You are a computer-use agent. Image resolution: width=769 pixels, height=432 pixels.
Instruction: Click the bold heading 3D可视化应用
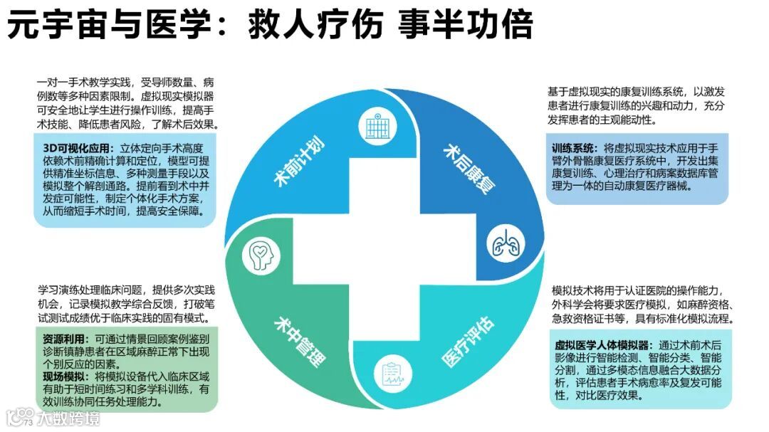78,148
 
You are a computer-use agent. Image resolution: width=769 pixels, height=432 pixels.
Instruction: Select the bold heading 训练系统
575,148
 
